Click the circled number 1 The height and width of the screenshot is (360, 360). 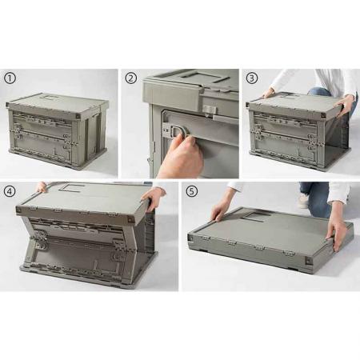[10, 78]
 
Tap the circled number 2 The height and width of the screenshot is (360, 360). [130, 78]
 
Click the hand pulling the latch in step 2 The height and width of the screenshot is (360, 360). [180, 156]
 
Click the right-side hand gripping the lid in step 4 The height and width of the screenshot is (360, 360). [150, 198]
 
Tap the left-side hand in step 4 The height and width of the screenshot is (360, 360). [41, 187]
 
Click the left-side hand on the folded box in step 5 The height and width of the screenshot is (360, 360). [219, 213]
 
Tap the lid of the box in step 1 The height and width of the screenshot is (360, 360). [56, 102]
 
